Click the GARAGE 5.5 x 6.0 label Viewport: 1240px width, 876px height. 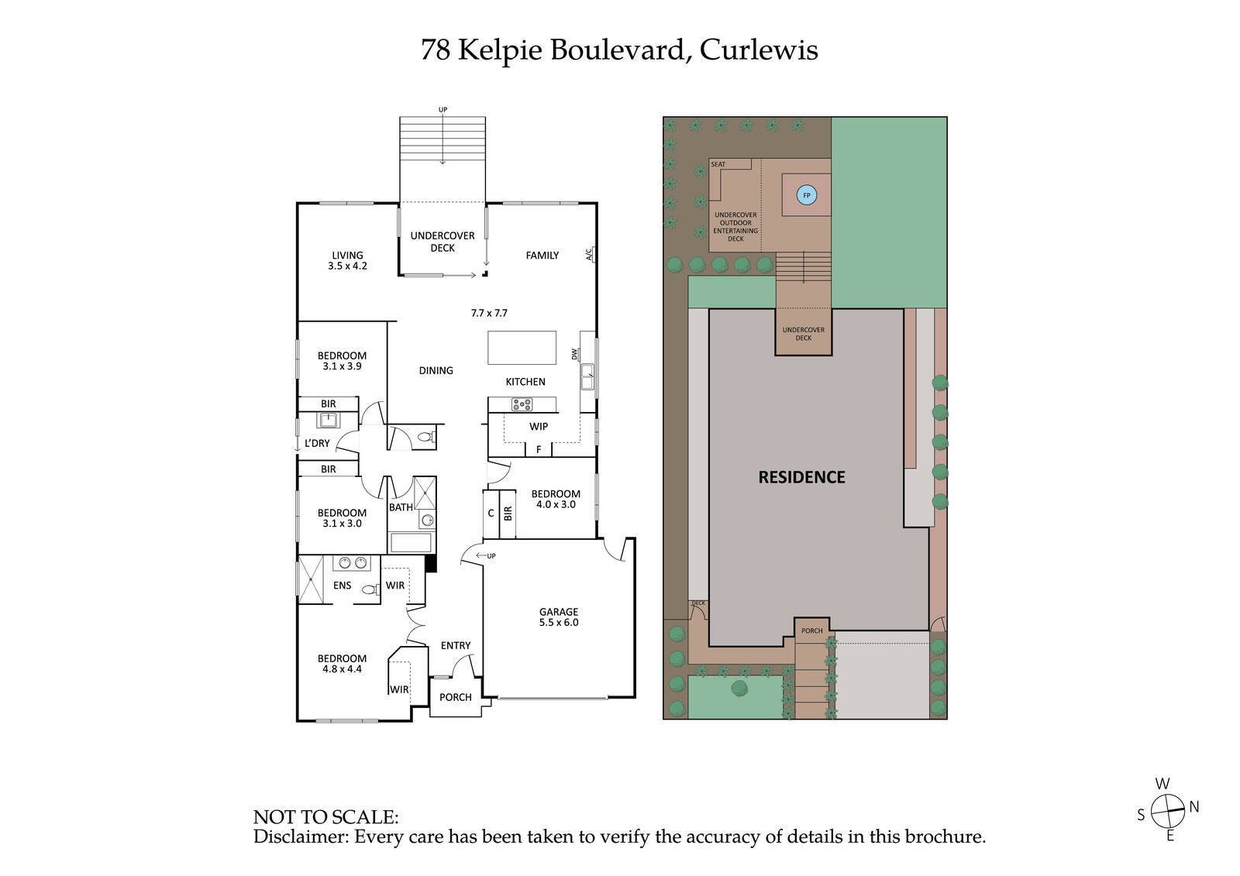(559, 617)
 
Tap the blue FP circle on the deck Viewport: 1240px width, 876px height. (806, 196)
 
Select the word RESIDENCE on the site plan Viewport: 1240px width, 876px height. (801, 477)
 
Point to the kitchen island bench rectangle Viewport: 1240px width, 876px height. (522, 347)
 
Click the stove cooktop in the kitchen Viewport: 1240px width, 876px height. (522, 404)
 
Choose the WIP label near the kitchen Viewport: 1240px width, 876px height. (539, 427)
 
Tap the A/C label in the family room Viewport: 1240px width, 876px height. (588, 254)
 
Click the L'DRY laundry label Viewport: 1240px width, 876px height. (317, 444)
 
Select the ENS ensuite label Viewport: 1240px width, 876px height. (343, 586)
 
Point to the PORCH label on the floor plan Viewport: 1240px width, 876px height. (455, 697)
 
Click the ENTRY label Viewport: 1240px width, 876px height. (456, 645)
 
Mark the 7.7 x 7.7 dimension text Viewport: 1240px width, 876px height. (489, 313)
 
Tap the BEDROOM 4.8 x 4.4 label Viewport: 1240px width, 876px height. (342, 664)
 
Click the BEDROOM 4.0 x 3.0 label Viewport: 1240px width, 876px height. (556, 499)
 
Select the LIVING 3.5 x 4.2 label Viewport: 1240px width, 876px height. (347, 260)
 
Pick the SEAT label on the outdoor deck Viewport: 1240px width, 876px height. (718, 164)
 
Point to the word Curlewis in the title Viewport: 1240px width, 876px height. (759, 50)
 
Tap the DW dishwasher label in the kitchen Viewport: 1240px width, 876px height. (575, 354)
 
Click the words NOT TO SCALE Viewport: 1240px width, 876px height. (325, 817)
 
